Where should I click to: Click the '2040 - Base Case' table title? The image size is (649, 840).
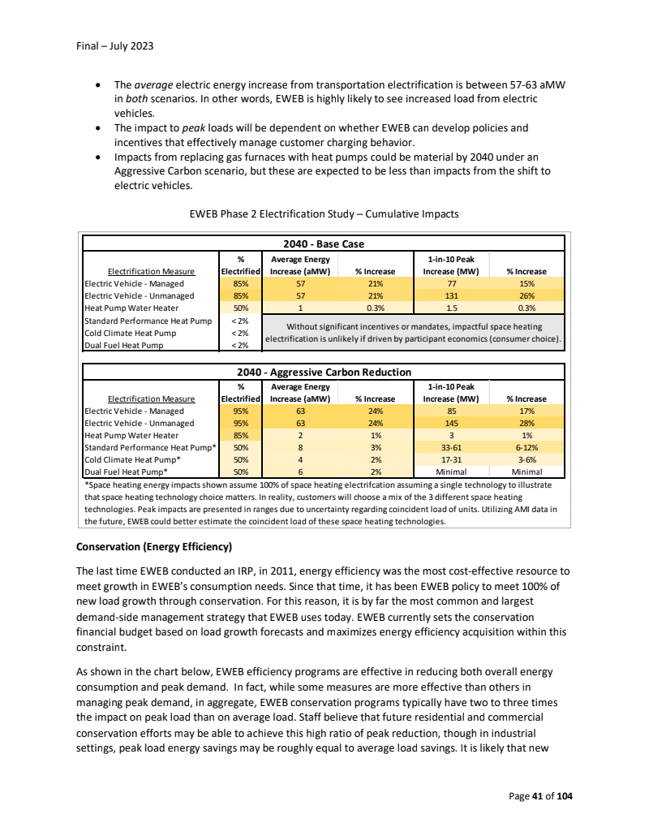(323, 243)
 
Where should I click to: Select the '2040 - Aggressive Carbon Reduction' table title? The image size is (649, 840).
(323, 372)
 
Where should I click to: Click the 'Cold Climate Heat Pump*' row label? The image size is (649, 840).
(133, 459)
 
